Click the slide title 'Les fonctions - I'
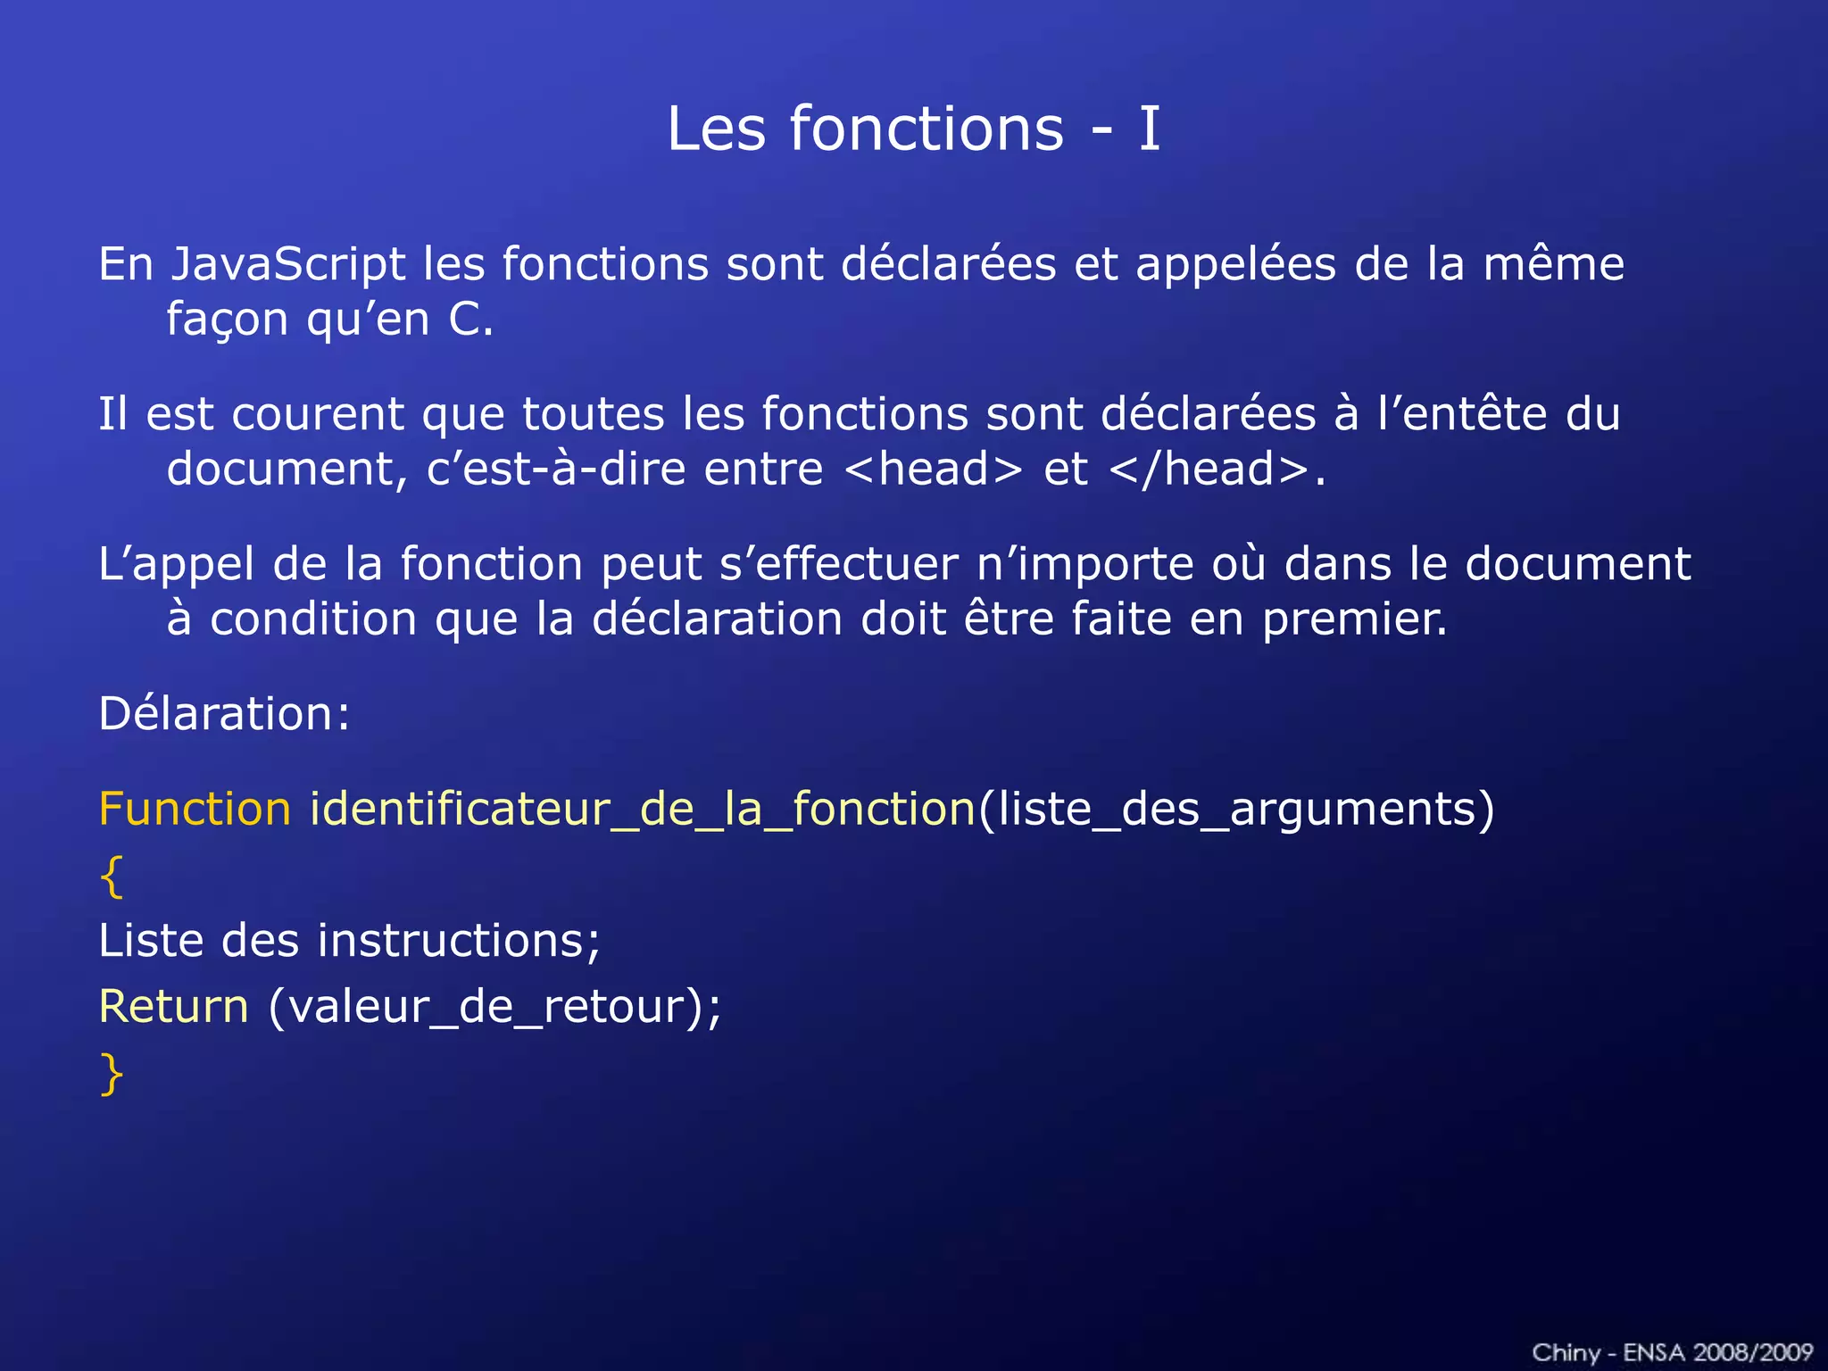click(x=913, y=129)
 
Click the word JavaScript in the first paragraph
click(x=288, y=264)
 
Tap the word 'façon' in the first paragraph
click(x=228, y=320)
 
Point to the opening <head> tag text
click(x=932, y=469)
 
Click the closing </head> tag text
click(x=1209, y=469)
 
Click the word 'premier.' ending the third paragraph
click(x=1354, y=619)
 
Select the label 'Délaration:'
click(x=224, y=714)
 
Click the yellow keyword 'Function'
click(x=195, y=809)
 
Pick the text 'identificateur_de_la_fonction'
click(x=643, y=809)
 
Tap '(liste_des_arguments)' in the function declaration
click(x=1236, y=809)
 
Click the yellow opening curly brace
click(x=112, y=877)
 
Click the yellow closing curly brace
click(x=112, y=1074)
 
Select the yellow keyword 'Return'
click(x=174, y=1007)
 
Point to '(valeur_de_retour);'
click(x=494, y=1007)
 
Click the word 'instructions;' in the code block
click(x=459, y=941)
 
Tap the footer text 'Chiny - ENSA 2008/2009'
click(x=1672, y=1352)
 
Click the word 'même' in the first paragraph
click(x=1553, y=264)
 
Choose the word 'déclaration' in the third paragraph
click(x=717, y=619)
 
